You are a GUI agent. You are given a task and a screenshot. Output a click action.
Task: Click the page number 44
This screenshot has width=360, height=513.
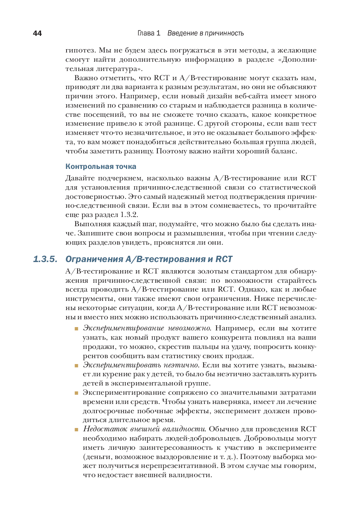coord(37,33)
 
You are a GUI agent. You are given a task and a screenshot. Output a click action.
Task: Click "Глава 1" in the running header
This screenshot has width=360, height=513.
coord(149,33)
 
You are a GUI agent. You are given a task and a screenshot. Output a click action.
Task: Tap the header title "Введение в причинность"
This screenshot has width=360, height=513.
coord(206,33)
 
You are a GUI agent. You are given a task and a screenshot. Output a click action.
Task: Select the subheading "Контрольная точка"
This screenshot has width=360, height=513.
coord(101,167)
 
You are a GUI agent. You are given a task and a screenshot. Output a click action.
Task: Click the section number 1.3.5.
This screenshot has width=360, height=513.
coord(45,259)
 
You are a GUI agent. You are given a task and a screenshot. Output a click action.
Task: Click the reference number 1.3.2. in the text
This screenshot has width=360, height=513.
coord(129,215)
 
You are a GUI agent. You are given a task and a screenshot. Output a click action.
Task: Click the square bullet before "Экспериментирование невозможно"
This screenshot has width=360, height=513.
coord(77,329)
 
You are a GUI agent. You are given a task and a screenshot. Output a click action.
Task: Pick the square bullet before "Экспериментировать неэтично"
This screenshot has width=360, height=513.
coord(77,366)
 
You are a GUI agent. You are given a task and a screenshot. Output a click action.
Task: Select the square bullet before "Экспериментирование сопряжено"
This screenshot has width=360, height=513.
coord(77,393)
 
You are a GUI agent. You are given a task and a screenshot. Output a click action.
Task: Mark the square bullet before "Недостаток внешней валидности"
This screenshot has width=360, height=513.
coord(77,429)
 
